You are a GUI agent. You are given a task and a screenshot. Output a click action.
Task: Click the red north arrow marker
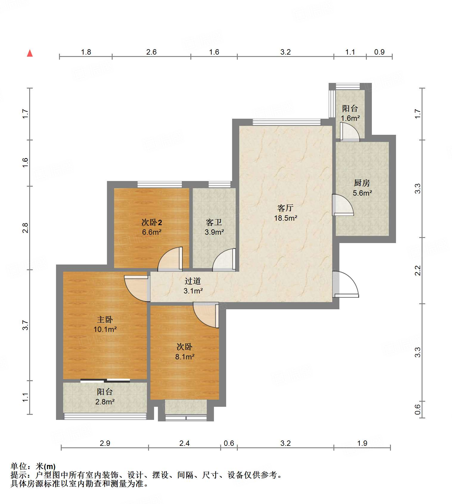coord(30,53)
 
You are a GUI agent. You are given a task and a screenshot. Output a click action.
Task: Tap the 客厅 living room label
coord(285,208)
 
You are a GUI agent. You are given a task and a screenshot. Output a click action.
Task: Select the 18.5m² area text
coord(285,218)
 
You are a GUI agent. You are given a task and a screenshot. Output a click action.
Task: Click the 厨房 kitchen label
coord(362,183)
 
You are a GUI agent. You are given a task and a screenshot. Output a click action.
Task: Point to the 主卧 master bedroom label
coord(105,319)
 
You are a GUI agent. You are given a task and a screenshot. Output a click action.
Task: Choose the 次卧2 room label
coord(152,222)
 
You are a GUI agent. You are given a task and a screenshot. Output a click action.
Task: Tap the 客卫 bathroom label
coord(214,222)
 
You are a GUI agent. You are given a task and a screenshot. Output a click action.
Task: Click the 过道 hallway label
coord(193,281)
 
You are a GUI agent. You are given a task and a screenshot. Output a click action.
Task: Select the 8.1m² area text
coord(185,357)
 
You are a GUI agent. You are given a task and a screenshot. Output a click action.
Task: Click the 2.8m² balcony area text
coord(105,402)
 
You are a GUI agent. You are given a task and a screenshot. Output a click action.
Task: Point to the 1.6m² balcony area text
coord(350,118)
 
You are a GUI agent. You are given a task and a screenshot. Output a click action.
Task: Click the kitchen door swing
coord(343,205)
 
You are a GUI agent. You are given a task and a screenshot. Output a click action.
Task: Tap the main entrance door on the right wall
coord(346,284)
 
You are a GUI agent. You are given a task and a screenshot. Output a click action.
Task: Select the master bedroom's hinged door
coord(136,288)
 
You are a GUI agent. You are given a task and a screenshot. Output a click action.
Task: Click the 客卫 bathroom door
coord(224,260)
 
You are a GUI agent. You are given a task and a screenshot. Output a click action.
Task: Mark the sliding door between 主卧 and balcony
coord(105,380)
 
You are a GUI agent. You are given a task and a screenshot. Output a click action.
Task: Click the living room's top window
coord(287,122)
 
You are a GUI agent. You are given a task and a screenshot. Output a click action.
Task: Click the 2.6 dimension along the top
coord(151,52)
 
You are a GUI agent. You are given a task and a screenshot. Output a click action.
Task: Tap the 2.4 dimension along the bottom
coord(184,443)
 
